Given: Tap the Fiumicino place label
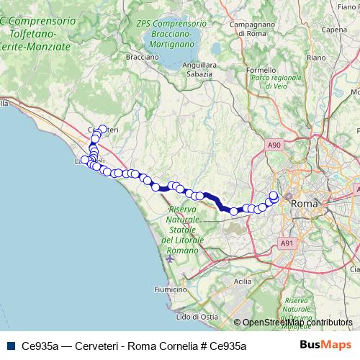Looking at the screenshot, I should coord(150,289).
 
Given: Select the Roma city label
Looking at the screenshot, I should coord(303,204).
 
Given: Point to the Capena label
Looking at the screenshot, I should coord(336,30).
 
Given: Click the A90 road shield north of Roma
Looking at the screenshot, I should coord(274,145).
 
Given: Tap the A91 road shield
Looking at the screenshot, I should coord(287,243).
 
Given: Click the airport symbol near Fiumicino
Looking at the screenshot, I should coord(169,258).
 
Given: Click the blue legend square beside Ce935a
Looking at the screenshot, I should coord(11,346).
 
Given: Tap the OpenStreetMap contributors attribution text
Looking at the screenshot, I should coord(297,323).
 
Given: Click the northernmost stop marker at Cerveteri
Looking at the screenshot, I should coord(103,130).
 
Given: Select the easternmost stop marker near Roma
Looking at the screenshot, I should coord(274,194).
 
